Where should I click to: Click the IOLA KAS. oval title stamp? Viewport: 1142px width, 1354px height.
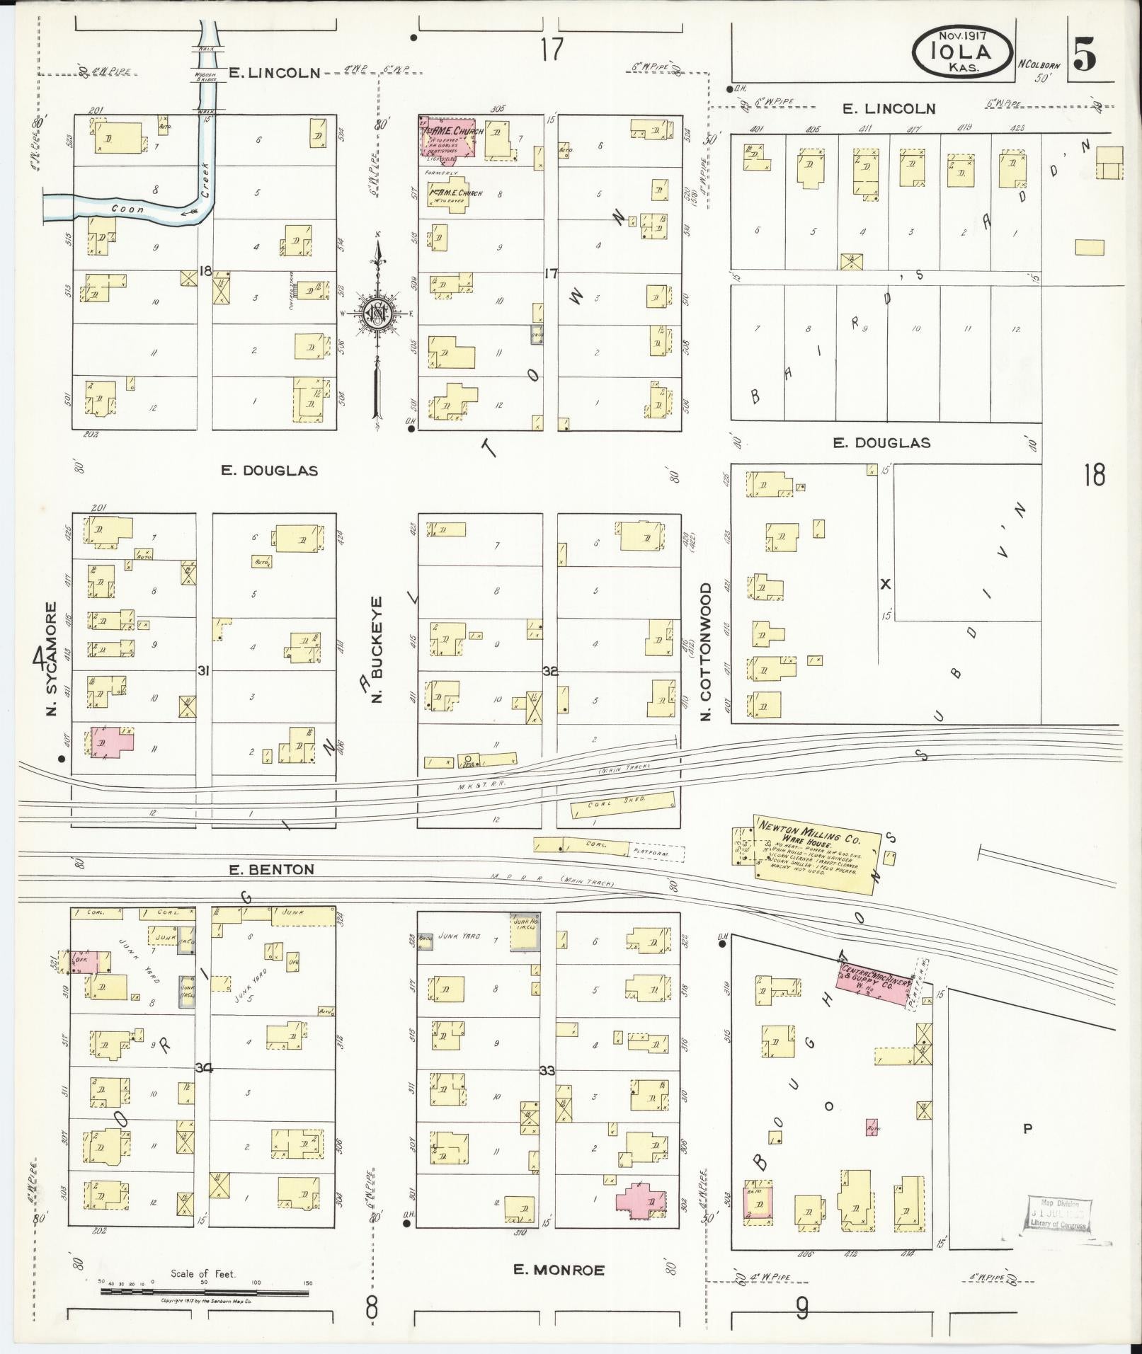point(961,51)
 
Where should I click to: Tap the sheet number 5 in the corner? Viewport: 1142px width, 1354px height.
point(1085,55)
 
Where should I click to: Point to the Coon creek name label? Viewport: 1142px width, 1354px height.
point(127,209)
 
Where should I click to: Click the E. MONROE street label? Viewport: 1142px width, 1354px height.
point(559,1270)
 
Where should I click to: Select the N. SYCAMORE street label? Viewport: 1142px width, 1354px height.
point(51,658)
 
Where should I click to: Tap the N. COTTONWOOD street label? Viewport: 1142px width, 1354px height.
point(706,652)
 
